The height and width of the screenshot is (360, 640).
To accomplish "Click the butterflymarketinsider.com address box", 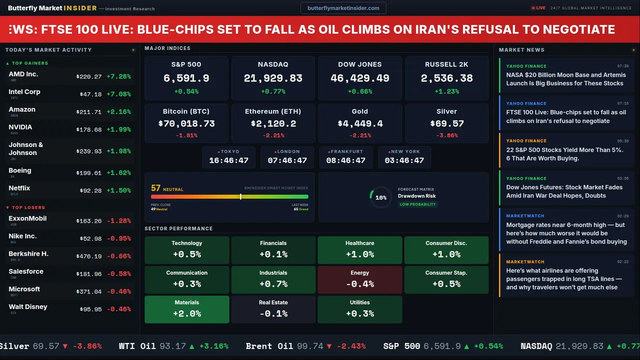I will (x=343, y=8).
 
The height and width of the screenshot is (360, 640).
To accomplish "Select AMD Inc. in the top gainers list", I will (x=23, y=74).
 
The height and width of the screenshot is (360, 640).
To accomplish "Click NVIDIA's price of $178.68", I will (x=89, y=129).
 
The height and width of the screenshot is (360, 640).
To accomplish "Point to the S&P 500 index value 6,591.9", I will (x=186, y=78).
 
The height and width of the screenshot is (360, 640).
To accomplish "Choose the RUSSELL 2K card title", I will (x=446, y=64).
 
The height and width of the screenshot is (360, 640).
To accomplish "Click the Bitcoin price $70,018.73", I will (x=186, y=123).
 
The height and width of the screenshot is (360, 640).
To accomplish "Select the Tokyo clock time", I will (x=228, y=160).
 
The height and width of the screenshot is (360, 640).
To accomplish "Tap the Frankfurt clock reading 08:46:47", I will (x=345, y=160).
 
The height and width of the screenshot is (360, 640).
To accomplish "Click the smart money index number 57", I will (x=156, y=188).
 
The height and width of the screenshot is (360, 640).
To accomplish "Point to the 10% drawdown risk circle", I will (x=380, y=197).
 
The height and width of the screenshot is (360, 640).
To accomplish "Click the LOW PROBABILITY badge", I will (x=417, y=204).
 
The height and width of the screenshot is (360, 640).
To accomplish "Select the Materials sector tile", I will (x=187, y=309).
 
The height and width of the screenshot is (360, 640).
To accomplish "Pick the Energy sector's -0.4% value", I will (x=360, y=284).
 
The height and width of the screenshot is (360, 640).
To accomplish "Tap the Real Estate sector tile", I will (x=273, y=309).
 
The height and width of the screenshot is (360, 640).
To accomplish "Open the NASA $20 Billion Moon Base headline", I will (x=565, y=79).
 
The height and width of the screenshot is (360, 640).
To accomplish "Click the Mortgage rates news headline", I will (x=566, y=233).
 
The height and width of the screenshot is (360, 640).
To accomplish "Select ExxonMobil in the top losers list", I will (x=27, y=218).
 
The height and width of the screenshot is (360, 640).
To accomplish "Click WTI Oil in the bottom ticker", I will (x=137, y=346).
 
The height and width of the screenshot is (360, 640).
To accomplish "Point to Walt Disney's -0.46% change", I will (x=119, y=309).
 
